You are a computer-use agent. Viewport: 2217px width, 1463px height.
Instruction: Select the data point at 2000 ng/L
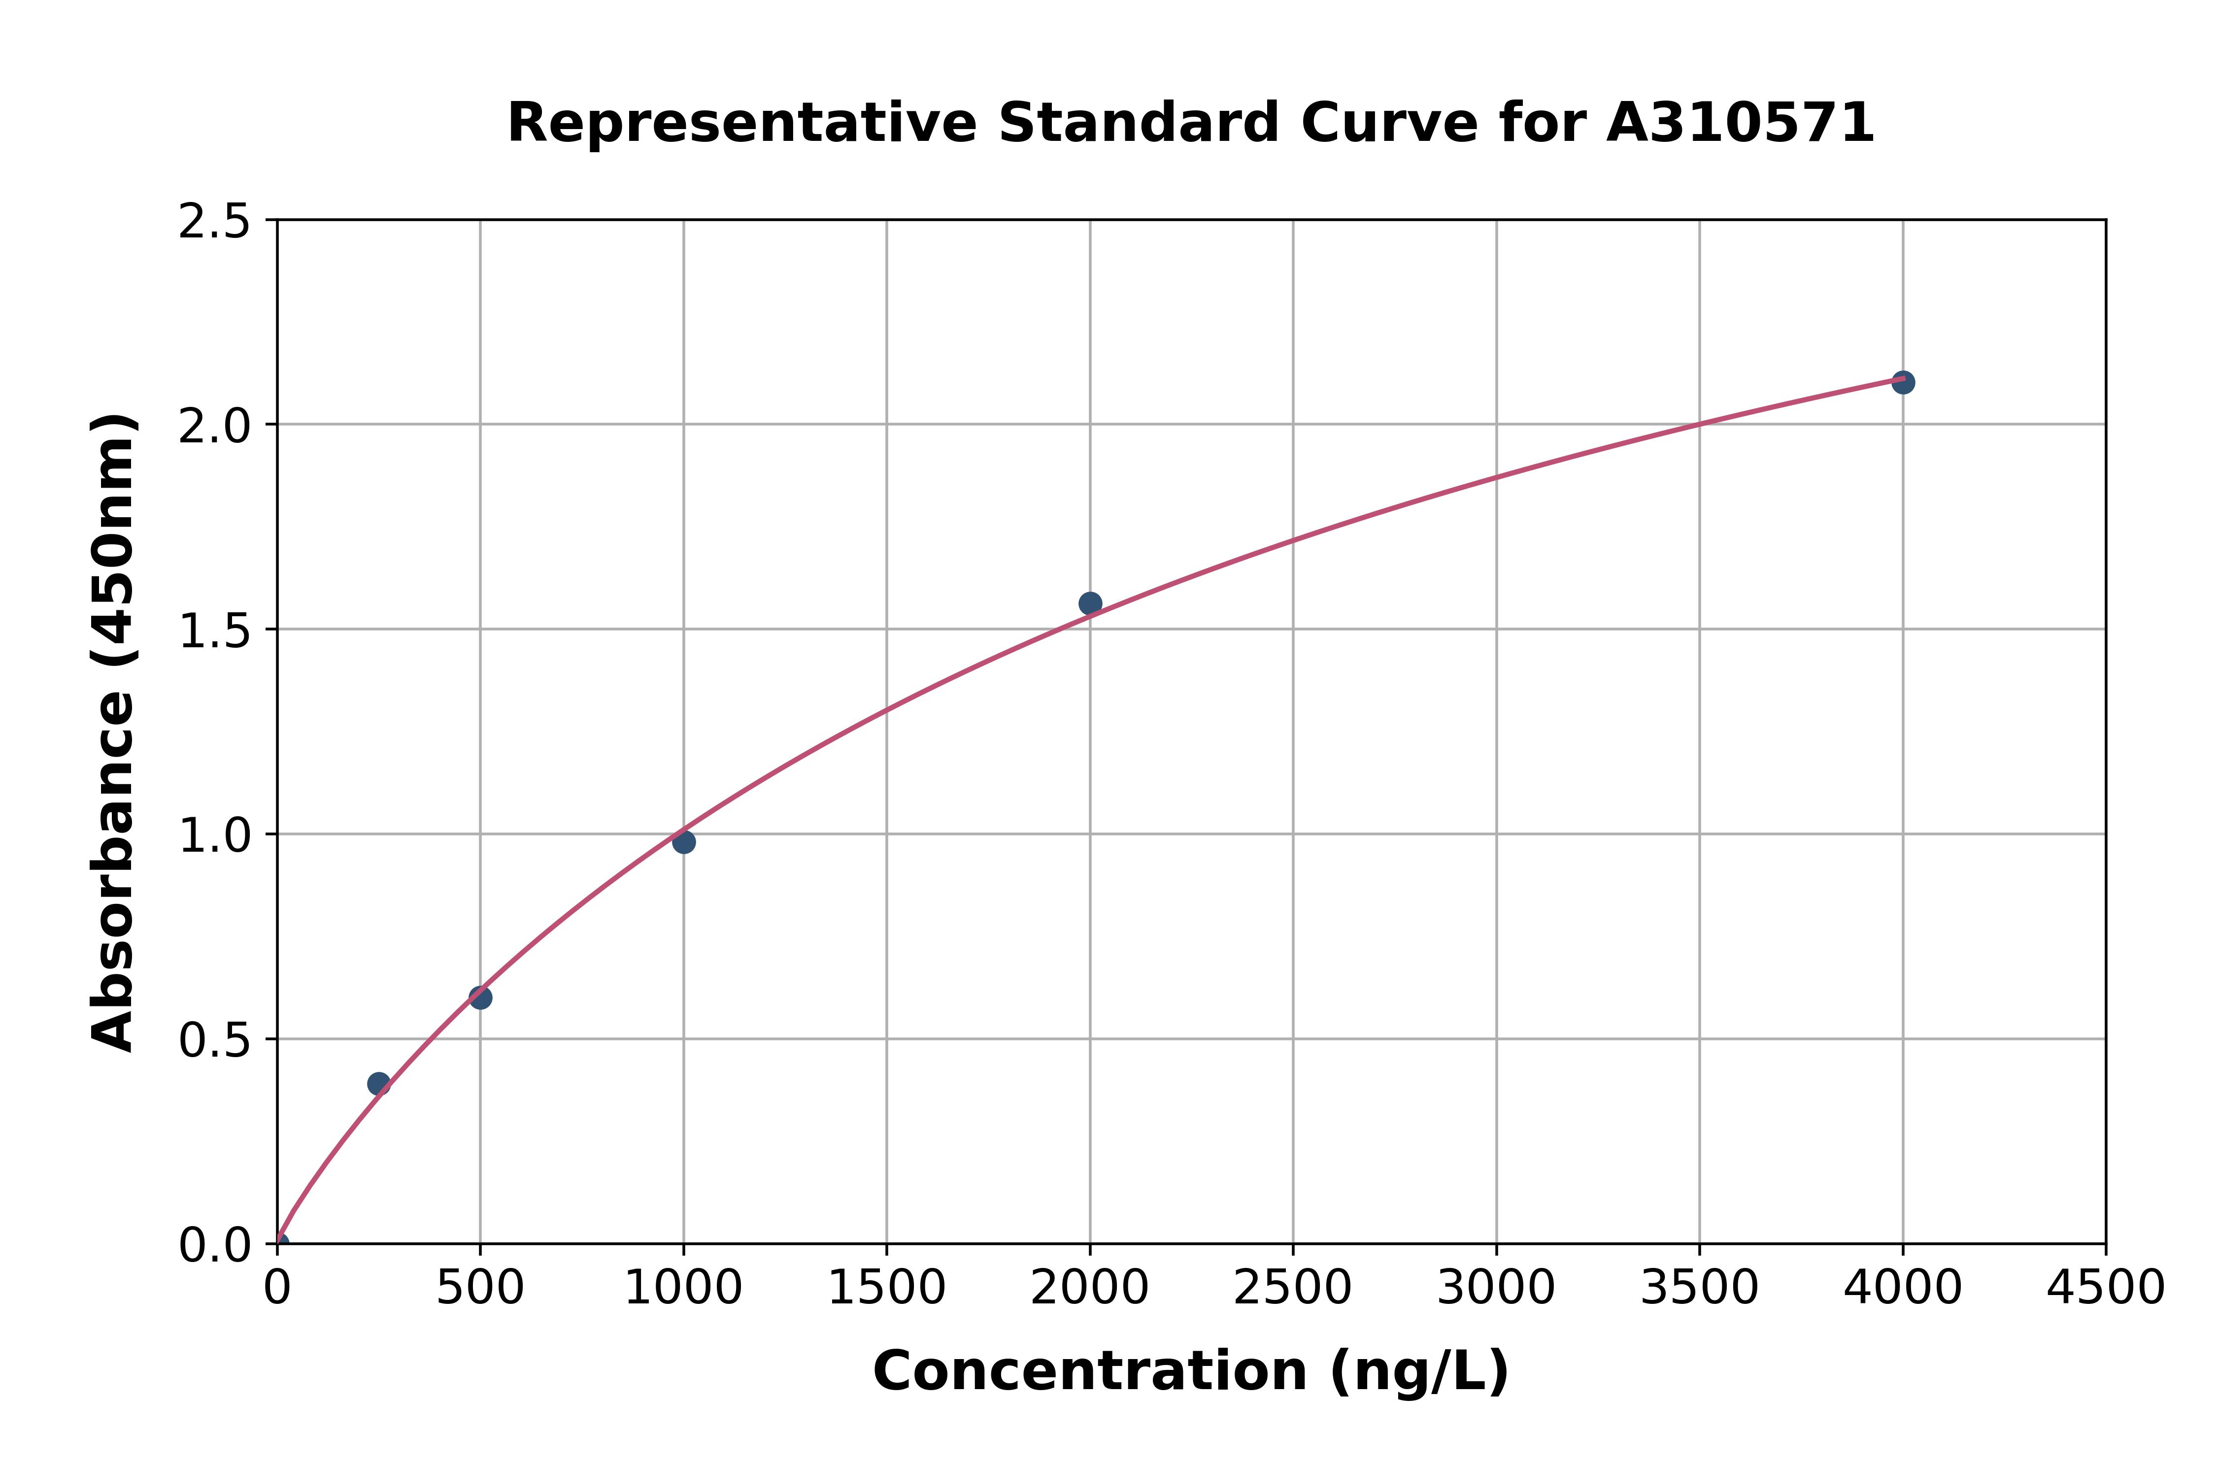point(1090,604)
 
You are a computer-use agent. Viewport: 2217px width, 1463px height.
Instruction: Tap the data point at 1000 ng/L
point(684,842)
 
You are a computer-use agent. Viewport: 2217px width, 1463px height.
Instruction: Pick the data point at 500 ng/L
point(480,997)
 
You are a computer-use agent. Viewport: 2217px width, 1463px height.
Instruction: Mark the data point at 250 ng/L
point(379,1083)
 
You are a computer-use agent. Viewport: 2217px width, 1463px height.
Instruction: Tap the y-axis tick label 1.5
point(215,631)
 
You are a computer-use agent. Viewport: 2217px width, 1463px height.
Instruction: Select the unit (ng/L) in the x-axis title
point(1418,1371)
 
